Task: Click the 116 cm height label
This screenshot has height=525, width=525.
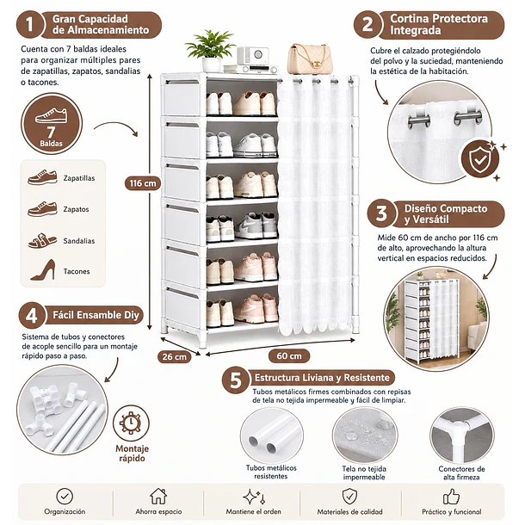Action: point(143,183)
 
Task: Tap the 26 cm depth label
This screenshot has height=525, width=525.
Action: point(174,356)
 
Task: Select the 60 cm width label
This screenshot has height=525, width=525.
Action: point(289,356)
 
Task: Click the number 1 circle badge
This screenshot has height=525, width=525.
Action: point(30,24)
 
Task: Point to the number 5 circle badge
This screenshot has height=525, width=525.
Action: point(236,380)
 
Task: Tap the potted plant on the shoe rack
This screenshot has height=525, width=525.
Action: point(211,50)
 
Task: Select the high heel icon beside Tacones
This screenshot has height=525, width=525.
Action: point(43,270)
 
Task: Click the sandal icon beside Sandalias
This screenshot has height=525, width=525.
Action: point(42,241)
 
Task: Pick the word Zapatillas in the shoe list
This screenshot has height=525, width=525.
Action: point(79,178)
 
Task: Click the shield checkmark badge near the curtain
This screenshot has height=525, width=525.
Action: point(479,160)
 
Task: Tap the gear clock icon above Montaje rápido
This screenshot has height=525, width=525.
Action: point(131,423)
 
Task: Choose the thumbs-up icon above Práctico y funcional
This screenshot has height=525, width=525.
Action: point(451,497)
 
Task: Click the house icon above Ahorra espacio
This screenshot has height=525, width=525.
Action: point(158,497)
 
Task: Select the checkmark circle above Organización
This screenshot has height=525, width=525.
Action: point(65,497)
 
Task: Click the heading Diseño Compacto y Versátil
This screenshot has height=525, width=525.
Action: point(446,214)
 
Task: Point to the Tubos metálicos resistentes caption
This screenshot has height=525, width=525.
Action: point(271,472)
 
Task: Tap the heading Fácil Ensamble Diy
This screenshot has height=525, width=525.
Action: point(96,315)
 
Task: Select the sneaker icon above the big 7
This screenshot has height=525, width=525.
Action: point(51,115)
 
